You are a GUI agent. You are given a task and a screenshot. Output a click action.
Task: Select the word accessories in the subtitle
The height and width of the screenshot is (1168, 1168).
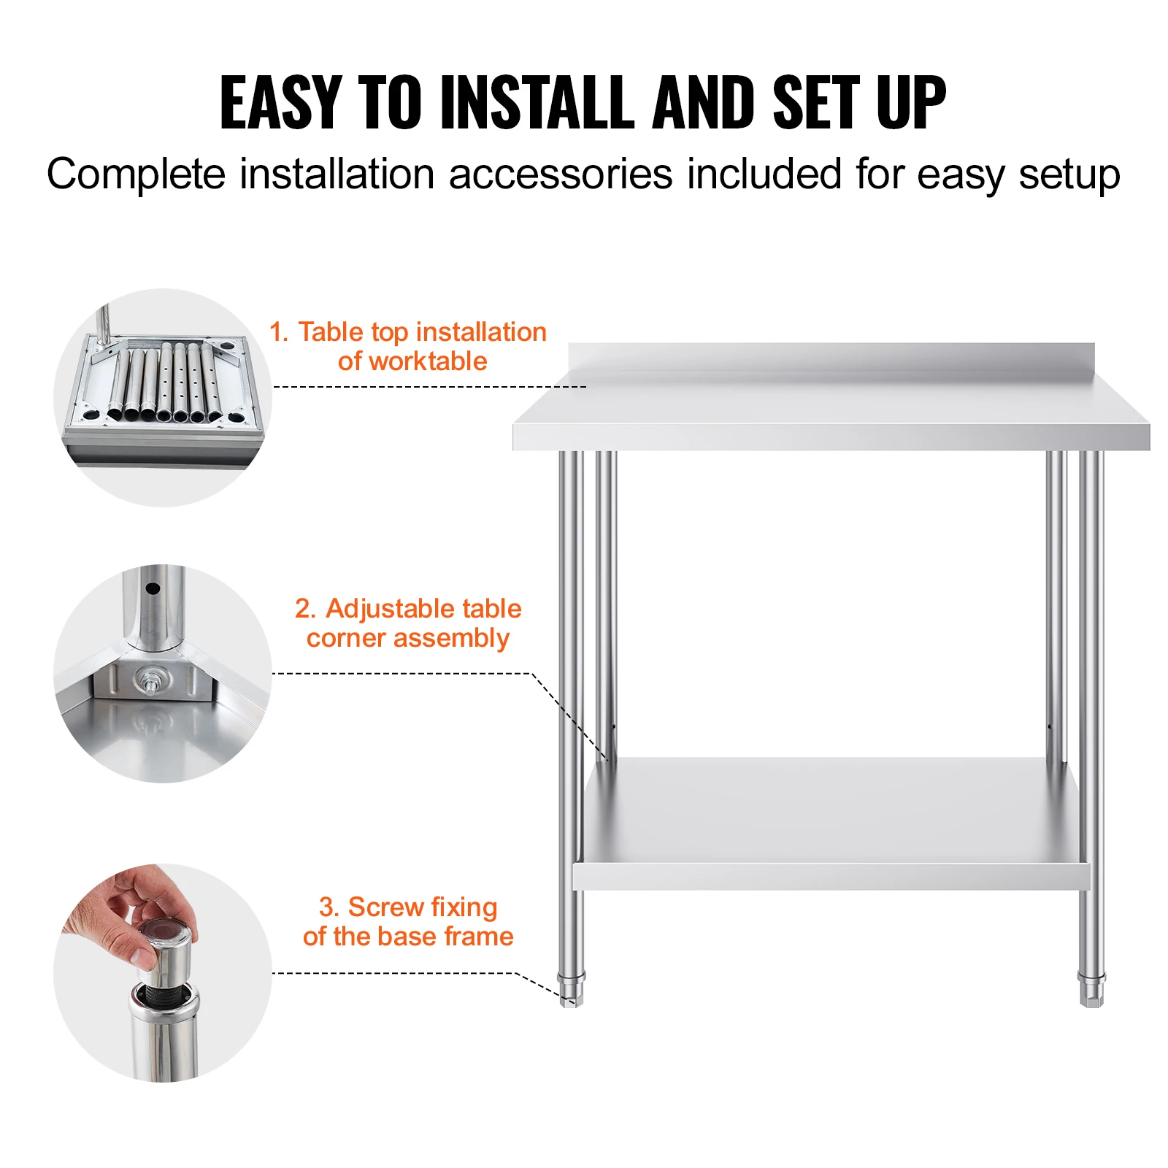pyautogui.click(x=560, y=174)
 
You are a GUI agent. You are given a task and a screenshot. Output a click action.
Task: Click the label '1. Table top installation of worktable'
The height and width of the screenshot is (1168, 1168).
pyautogui.click(x=408, y=347)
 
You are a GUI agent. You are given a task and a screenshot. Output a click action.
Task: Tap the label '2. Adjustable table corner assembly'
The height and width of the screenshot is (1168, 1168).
pyautogui.click(x=408, y=623)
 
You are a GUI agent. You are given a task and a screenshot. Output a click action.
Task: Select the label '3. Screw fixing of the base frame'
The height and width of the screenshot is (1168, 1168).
pyautogui.click(x=408, y=921)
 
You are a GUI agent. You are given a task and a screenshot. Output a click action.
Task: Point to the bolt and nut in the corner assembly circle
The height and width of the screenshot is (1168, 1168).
pyautogui.click(x=150, y=681)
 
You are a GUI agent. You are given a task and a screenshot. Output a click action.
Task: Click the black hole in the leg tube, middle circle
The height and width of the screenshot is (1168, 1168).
pyautogui.click(x=153, y=588)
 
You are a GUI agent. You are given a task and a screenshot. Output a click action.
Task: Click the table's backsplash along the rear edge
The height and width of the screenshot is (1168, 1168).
pyautogui.click(x=831, y=362)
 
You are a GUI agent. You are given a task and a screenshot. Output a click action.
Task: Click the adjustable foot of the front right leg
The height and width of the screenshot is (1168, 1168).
pyautogui.click(x=1091, y=988)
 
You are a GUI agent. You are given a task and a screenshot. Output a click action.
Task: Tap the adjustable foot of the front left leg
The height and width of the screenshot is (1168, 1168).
pyautogui.click(x=571, y=989)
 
